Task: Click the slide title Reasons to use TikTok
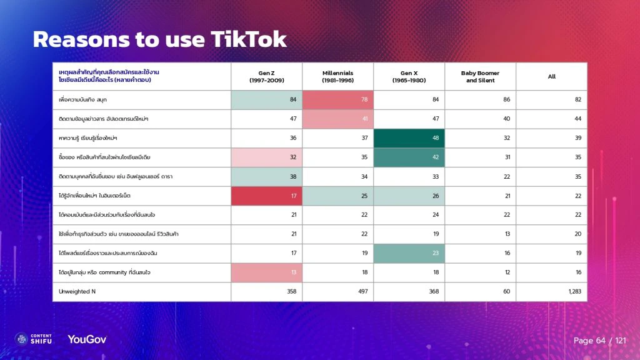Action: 159,39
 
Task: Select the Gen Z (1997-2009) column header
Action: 267,76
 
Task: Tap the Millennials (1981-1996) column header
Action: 337,76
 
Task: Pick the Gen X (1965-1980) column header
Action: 409,76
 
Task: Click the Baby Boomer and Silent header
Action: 480,76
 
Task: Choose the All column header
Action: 552,76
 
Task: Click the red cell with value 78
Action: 337,99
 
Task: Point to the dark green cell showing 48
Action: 409,138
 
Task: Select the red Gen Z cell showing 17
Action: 267,196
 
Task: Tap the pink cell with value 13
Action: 267,272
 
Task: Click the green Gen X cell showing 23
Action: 409,253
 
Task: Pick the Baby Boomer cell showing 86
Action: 480,99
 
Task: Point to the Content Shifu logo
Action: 35,339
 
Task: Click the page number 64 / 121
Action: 599,341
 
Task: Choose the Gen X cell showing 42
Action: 409,157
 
